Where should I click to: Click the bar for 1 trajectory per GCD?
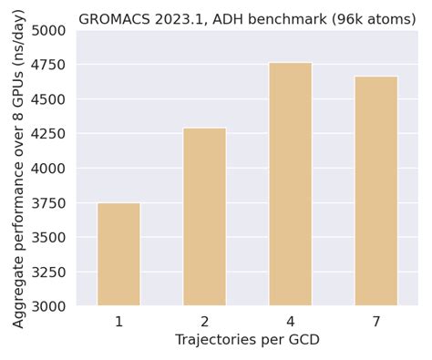[118, 254]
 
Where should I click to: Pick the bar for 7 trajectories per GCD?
[376, 190]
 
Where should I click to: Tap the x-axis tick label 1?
[118, 322]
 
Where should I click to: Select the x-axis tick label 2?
[204, 322]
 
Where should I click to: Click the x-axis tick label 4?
[290, 322]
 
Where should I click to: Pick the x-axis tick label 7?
[376, 322]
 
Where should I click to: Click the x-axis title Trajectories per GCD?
[247, 340]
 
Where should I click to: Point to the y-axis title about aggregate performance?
[19, 169]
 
